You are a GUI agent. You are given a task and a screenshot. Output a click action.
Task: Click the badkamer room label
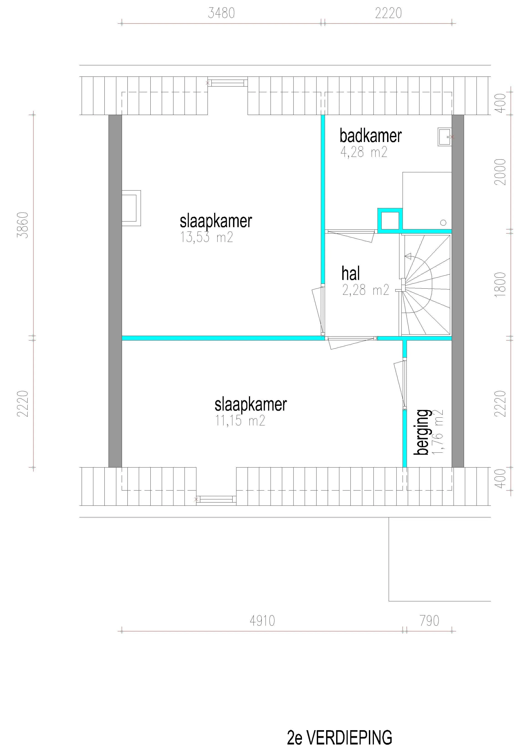coord(370,136)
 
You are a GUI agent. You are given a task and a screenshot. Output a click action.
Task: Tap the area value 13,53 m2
coord(207,237)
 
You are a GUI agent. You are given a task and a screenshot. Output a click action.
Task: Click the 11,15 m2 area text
coord(240,421)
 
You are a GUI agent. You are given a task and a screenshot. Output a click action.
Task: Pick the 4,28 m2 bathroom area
coord(364,152)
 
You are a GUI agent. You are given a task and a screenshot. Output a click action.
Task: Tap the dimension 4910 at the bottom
coord(262,621)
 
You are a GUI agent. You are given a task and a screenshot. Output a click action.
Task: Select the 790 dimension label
coord(429,621)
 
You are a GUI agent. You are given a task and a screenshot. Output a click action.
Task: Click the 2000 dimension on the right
coord(500,172)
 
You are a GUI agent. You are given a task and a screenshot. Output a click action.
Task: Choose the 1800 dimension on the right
coord(500,285)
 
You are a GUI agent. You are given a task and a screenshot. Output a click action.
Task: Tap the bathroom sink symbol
coord(445,137)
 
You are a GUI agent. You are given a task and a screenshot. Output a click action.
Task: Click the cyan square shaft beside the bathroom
coord(390,220)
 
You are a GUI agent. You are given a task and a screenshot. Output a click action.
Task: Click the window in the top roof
coord(228,83)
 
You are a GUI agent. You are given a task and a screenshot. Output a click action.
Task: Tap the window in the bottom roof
coord(216,499)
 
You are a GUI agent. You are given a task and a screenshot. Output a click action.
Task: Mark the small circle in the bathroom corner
coord(443,223)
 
